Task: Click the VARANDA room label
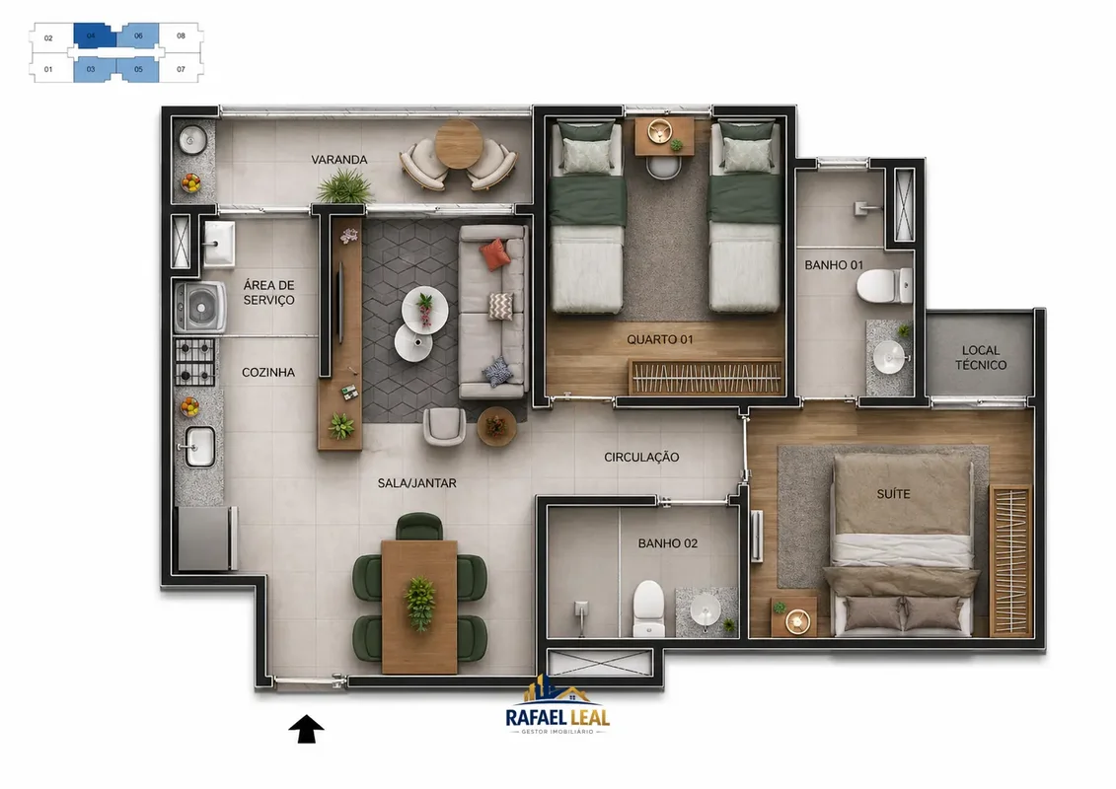coord(338,160)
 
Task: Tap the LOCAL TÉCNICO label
coord(980,357)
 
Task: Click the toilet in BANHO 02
coord(648,609)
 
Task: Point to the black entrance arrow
coord(306,729)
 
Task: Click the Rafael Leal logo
coord(558,707)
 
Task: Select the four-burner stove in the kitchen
coord(195,361)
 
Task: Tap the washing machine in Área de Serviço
coord(200,308)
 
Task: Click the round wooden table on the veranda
coord(459,144)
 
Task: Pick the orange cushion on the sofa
coord(494,254)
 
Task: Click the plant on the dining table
coord(419,603)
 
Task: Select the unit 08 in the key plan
coord(181,36)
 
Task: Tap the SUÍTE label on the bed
coord(893,494)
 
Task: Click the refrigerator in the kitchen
coord(206,538)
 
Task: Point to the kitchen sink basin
coord(199,447)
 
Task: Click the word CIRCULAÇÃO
coord(641,458)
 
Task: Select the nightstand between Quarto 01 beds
coord(664,137)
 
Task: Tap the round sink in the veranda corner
coord(192,140)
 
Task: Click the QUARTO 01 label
coord(660,339)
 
